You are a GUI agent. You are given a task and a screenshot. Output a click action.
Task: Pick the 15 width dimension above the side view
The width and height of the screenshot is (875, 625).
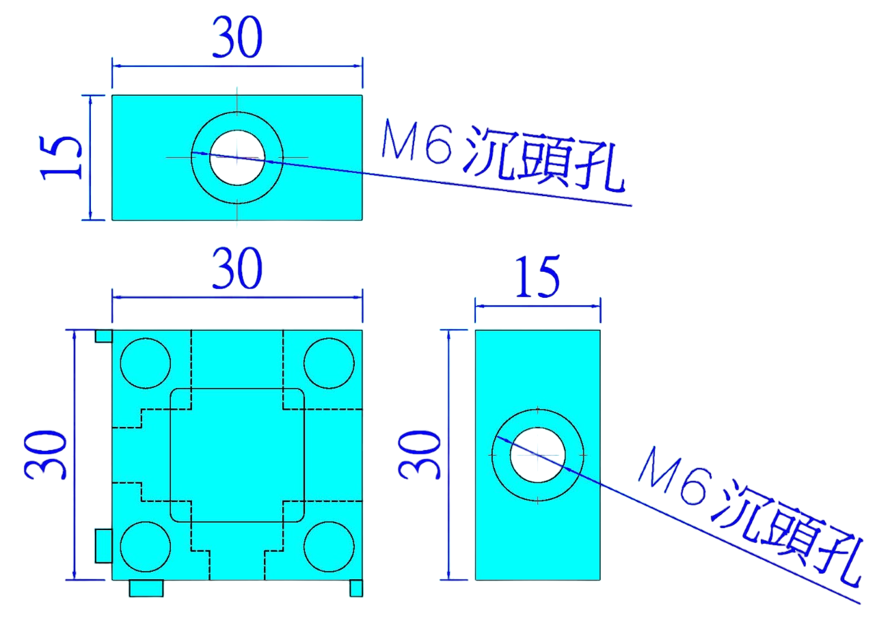[537, 277]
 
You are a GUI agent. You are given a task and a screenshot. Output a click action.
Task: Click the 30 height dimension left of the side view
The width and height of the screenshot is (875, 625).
[418, 454]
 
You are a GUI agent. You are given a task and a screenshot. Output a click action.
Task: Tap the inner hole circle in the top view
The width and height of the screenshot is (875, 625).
[237, 157]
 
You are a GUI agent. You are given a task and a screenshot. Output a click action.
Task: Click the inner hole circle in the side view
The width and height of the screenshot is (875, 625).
[537, 454]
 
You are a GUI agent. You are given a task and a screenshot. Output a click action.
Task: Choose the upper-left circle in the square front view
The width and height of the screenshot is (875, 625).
[145, 363]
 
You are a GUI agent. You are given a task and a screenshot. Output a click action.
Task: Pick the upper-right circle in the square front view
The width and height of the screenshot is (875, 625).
[329, 363]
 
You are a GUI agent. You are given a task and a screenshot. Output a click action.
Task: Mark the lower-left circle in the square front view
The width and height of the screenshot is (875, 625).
[145, 546]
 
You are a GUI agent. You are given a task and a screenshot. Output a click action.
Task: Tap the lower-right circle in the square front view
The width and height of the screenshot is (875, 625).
[329, 546]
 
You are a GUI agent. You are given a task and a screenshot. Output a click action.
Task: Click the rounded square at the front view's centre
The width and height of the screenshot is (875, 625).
[237, 455]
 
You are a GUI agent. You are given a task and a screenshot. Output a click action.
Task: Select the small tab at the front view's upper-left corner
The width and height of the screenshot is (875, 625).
[103, 335]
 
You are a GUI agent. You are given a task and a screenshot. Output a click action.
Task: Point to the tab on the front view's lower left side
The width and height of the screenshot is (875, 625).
[103, 546]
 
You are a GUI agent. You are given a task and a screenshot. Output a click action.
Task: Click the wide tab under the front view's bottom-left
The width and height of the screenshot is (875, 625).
[146, 588]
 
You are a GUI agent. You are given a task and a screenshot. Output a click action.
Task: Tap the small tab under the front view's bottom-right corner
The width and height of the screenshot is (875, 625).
[356, 588]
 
